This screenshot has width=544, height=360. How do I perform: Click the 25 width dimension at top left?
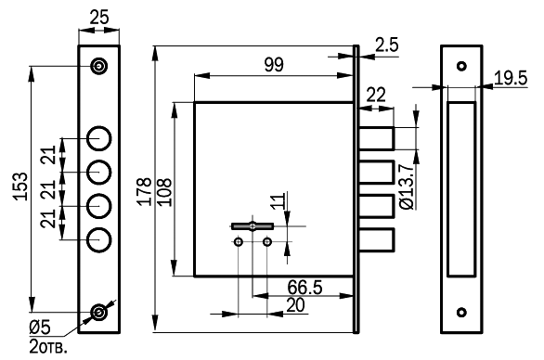[x=99, y=17]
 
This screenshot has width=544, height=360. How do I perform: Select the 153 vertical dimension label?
[x=20, y=186]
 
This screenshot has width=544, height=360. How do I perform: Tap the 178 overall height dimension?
[x=144, y=191]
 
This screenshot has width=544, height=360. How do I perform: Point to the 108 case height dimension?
[x=164, y=192]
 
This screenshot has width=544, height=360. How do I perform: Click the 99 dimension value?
[x=274, y=65]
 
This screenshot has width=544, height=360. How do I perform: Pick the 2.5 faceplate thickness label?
[x=387, y=45]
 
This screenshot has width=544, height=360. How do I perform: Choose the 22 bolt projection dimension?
[x=376, y=95]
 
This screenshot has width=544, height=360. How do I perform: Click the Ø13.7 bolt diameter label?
[x=407, y=186]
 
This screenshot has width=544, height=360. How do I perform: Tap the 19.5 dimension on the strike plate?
[x=511, y=78]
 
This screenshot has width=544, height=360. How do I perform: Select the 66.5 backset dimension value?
[x=304, y=288]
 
